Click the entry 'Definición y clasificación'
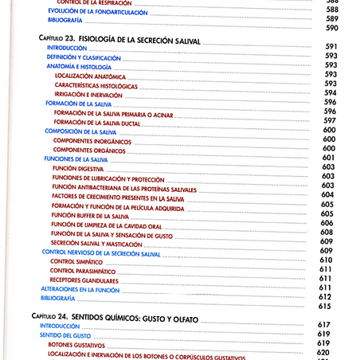(83, 58)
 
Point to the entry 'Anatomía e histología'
(78, 67)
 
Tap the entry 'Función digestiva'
(77, 168)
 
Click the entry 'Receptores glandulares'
(84, 280)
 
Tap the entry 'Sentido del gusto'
(68, 335)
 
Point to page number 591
(331, 47)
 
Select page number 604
(327, 195)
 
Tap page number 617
(323, 325)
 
